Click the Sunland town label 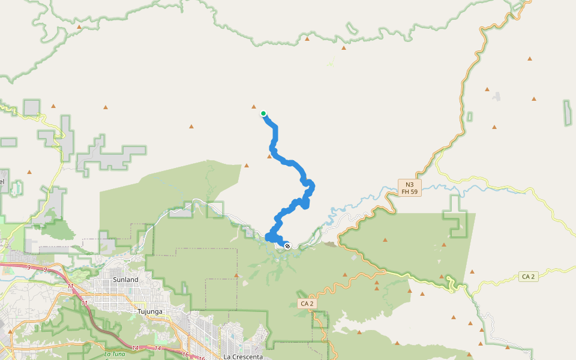(125, 280)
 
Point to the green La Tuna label (115, 354)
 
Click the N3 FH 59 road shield (410, 188)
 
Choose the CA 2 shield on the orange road (305, 304)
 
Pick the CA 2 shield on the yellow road (528, 277)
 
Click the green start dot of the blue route (263, 113)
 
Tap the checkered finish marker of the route (287, 246)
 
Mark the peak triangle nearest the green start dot (254, 107)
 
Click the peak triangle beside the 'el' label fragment (29, 172)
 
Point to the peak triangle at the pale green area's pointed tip (247, 165)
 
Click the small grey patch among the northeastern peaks (496, 96)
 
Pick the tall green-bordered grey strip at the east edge (567, 113)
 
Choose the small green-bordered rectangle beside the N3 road (469, 116)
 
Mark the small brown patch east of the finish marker (329, 244)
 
